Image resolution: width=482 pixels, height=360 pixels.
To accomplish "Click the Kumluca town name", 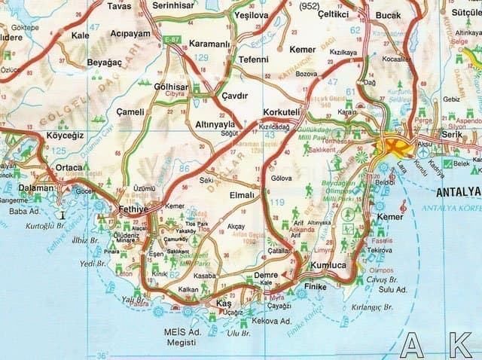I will click(328, 267).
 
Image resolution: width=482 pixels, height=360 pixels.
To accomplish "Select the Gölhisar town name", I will click(171, 86).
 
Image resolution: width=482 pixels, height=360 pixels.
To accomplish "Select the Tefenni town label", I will click(252, 59).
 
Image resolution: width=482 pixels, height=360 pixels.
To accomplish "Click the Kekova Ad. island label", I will click(271, 321).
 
